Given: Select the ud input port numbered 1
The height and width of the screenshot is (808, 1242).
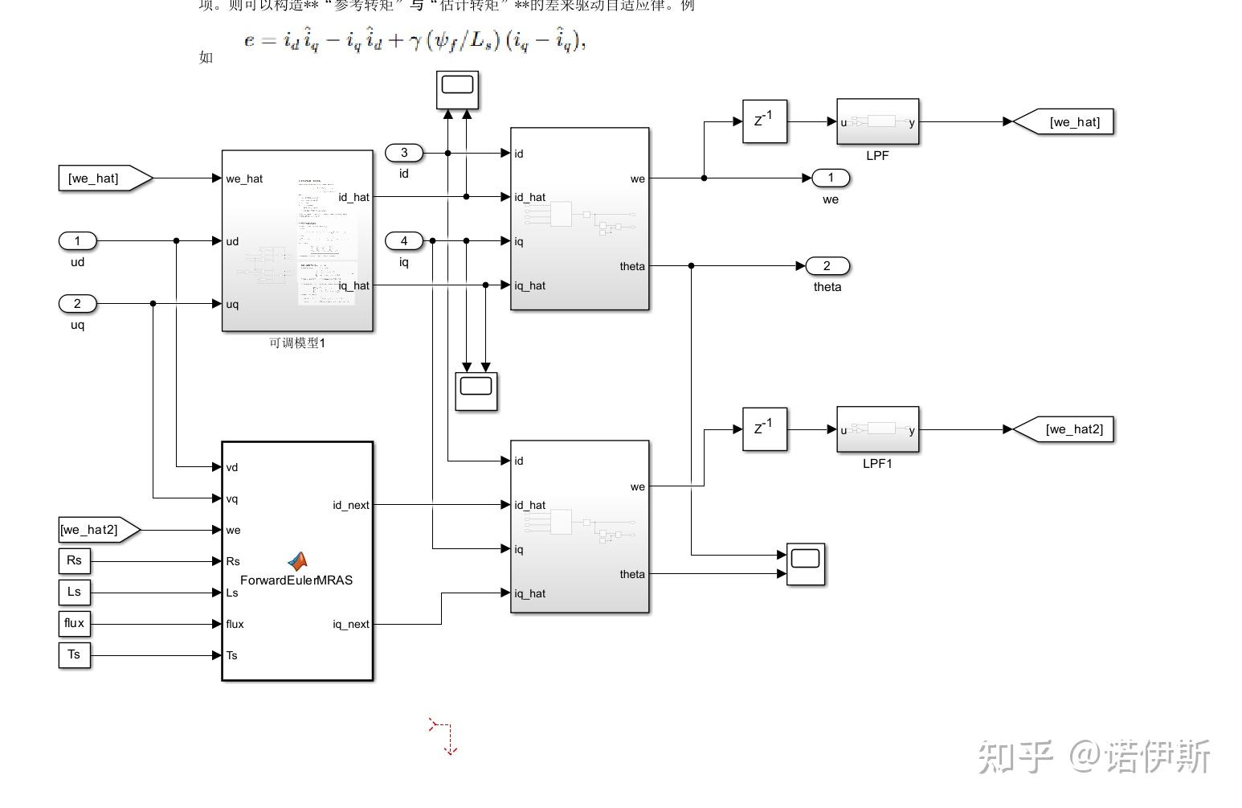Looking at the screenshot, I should coord(77,240).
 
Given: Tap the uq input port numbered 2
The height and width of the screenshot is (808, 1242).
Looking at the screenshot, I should coord(77,303).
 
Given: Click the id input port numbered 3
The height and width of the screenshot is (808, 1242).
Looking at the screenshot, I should coord(403,153).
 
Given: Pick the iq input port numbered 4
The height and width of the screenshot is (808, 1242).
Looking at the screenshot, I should coord(403,240).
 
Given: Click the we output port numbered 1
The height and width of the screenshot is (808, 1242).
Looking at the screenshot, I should coord(831,178).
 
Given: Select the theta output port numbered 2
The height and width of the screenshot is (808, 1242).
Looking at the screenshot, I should coord(827,266).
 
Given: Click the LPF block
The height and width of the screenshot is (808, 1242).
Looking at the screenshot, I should coord(877,122).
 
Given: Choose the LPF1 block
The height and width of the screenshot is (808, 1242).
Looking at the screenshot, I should coord(877,429).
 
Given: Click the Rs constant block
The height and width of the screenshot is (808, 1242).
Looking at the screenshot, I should coord(74,560).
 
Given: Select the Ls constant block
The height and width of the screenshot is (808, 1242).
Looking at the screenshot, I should coord(74,592).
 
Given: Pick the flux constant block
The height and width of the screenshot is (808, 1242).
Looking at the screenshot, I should coord(74,623).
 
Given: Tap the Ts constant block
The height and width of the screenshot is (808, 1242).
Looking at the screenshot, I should coord(74,654).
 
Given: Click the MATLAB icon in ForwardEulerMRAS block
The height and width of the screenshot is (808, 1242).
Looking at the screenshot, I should coord(297,561).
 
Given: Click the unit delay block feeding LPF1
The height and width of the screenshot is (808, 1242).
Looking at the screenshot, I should coord(764,429).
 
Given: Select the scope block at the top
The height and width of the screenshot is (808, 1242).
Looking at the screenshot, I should coord(457,89).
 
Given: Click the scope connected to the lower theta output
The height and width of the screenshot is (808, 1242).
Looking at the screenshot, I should coord(806,564).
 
